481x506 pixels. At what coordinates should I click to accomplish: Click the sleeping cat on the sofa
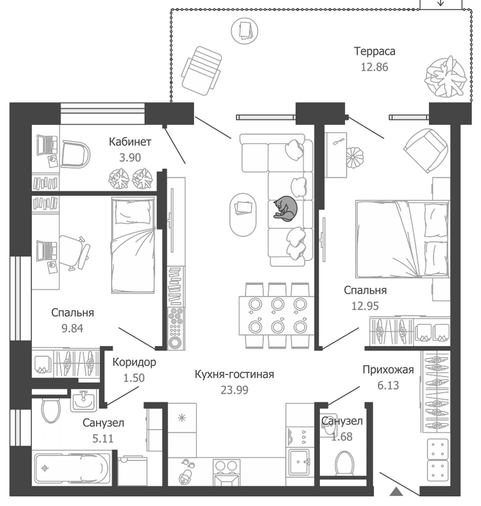point(285,209)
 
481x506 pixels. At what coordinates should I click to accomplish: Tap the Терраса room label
point(374,51)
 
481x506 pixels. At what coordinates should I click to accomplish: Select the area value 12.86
point(374,67)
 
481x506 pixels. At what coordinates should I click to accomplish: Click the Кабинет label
point(130,142)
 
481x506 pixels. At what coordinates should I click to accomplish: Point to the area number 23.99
point(234,390)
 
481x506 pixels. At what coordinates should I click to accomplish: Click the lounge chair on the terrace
point(201,71)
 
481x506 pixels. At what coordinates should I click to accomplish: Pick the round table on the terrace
point(244,30)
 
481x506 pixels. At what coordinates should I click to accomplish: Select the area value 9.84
point(72,328)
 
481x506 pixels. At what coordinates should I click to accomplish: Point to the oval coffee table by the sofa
point(243,214)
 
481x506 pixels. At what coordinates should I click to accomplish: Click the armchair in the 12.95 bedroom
point(426,150)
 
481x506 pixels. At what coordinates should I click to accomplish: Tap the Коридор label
point(134,362)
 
